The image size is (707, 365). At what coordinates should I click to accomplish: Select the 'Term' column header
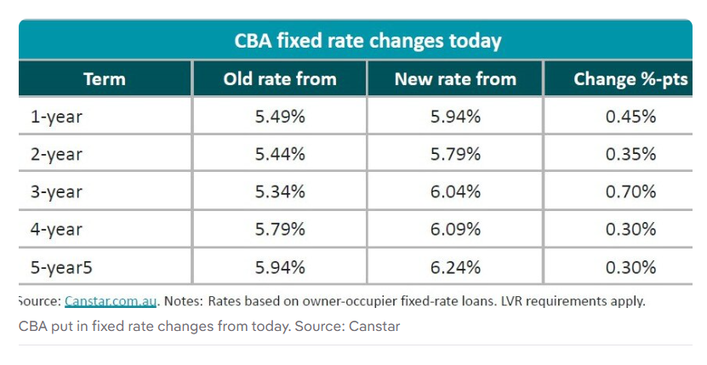(x=105, y=80)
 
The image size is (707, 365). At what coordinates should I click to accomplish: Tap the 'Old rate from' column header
(x=280, y=80)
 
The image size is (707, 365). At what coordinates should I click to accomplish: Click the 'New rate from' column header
(x=455, y=80)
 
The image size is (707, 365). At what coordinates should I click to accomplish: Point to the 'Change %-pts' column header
(x=630, y=80)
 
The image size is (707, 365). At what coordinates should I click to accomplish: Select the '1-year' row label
(x=56, y=117)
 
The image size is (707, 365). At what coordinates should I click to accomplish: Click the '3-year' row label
(x=56, y=191)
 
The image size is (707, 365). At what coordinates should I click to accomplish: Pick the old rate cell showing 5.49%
(x=280, y=117)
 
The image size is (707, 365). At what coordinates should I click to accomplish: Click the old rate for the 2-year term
(x=280, y=154)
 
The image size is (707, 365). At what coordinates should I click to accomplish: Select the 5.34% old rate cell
(x=280, y=191)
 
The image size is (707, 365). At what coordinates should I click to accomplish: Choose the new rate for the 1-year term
(x=455, y=117)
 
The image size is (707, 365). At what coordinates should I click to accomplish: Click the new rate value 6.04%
(x=455, y=191)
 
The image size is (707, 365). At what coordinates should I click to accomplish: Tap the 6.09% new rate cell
(x=455, y=229)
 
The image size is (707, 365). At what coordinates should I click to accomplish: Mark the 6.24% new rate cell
(x=455, y=266)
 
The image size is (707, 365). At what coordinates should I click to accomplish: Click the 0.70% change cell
(x=630, y=191)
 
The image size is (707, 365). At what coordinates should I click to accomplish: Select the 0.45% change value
(x=630, y=117)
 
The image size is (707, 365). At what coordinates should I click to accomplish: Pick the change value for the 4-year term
(x=630, y=229)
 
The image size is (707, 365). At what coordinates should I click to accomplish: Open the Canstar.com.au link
(x=111, y=301)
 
